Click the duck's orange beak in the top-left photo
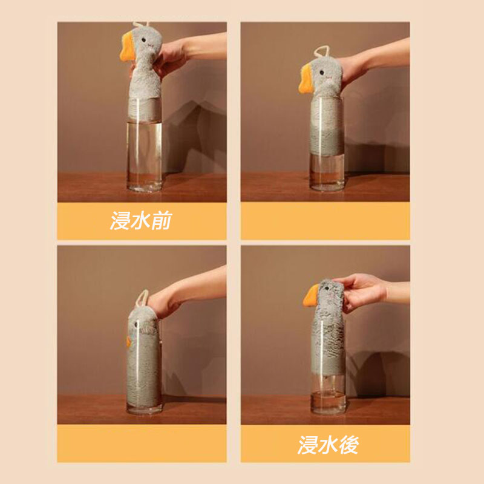point(127,47)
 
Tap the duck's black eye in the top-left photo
point(143,40)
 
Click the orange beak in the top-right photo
point(306,79)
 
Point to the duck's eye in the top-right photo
point(322,73)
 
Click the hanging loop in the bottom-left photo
point(142,298)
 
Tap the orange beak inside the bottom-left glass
point(129,341)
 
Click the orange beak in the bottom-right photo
point(310,295)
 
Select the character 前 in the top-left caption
point(162,220)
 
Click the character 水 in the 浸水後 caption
point(328,445)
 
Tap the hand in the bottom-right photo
point(361,292)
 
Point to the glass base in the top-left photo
point(144,186)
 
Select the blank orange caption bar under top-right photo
point(325,221)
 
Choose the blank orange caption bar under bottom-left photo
point(142,443)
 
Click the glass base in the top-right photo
point(327,185)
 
